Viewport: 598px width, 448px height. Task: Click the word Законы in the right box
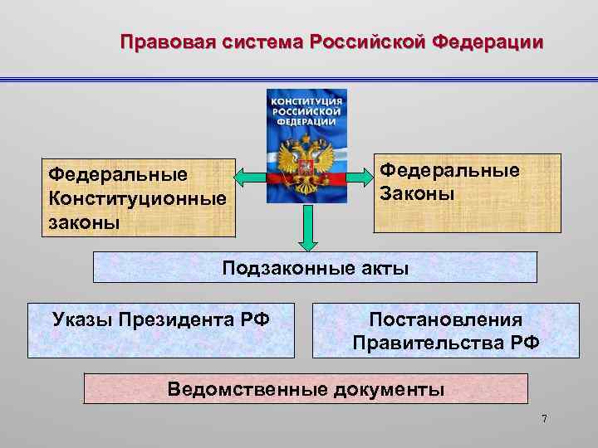coord(417,193)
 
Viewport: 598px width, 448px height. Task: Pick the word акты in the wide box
coord(379,268)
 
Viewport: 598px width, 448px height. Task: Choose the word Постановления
coord(445,319)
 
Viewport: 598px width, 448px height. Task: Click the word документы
coord(388,388)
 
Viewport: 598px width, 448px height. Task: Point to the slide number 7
coord(544,419)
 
